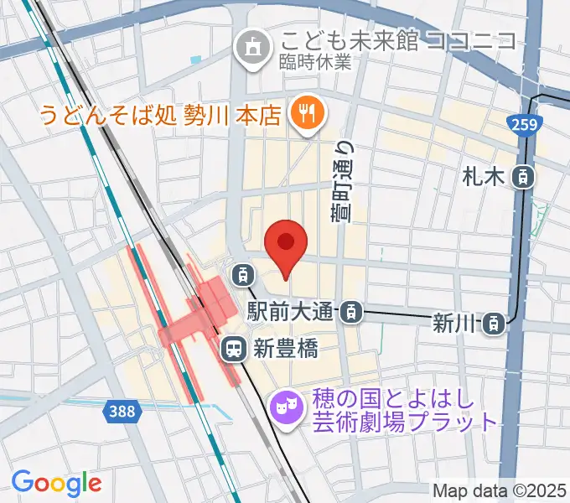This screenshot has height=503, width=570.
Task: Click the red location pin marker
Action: pos(285,244)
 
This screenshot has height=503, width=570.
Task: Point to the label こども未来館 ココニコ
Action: pos(397,40)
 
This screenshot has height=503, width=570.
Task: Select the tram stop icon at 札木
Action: pos(522,176)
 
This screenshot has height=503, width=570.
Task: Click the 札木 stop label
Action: pos(484,177)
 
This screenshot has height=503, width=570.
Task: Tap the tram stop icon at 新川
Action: pos(496,321)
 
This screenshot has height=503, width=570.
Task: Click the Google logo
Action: pos(56,482)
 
